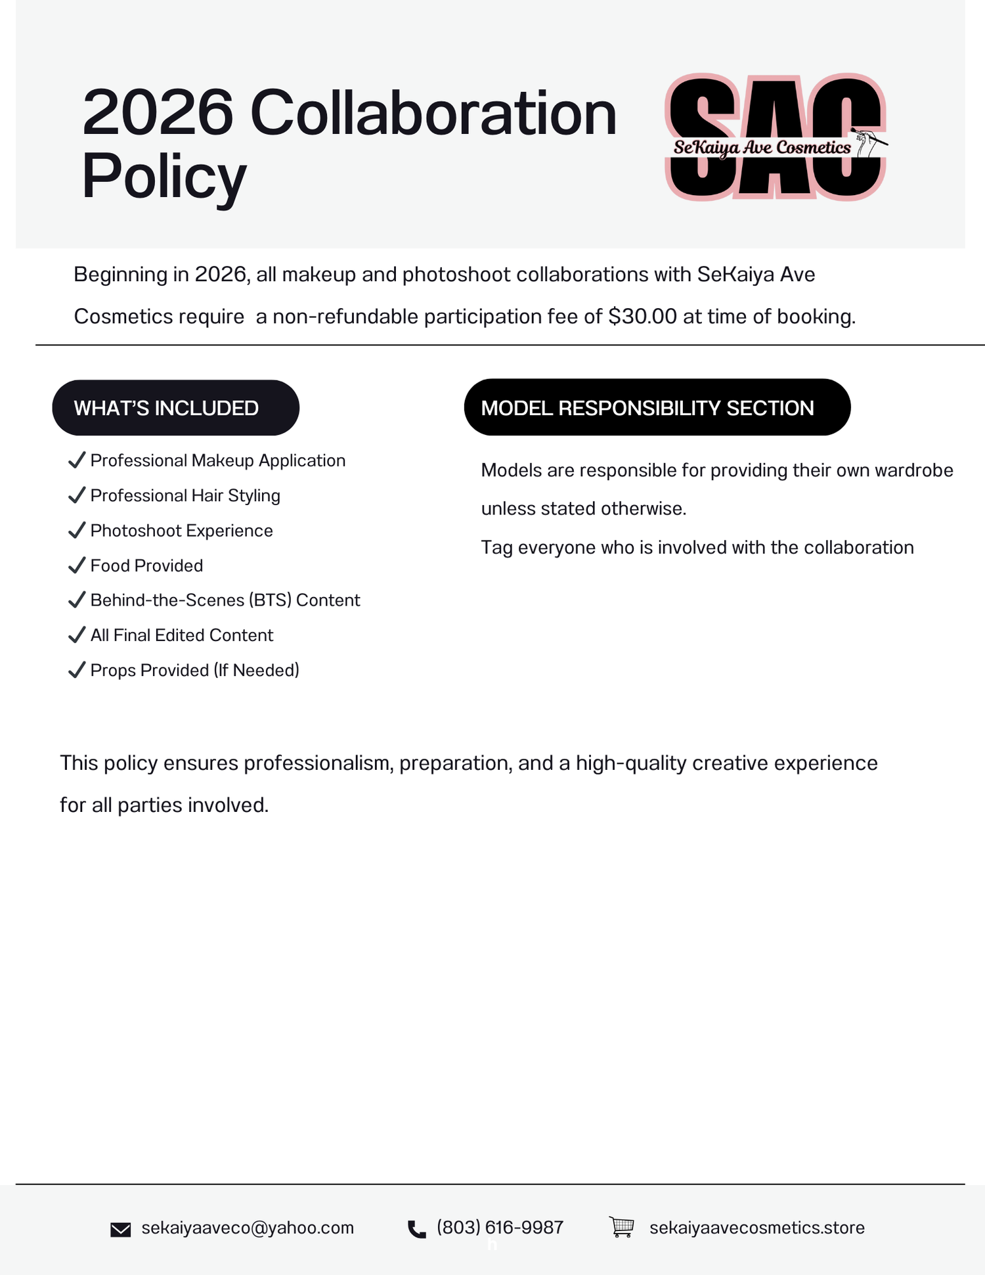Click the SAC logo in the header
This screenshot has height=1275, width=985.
coord(776,137)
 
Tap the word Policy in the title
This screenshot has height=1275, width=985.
coord(164,176)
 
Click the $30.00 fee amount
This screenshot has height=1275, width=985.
coord(642,317)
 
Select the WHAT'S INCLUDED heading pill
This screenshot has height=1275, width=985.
coord(175,408)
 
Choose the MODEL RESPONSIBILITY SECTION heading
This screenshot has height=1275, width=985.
coord(657,408)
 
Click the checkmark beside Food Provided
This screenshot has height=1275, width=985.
coord(77,565)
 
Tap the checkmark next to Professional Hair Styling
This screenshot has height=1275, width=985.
coord(77,495)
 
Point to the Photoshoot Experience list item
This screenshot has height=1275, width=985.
coord(181,531)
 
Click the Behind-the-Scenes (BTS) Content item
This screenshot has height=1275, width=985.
coord(225,600)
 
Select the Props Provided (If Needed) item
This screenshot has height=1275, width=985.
coord(194,670)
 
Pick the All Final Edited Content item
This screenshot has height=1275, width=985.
coord(181,635)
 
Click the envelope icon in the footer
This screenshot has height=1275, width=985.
coord(120,1229)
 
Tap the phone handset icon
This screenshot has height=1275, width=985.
coord(416,1229)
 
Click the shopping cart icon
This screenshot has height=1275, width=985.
coord(621,1226)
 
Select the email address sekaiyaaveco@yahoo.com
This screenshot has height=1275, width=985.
coord(248,1228)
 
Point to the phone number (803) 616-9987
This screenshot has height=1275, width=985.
coord(500,1228)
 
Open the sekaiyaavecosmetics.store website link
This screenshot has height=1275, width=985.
coord(756,1228)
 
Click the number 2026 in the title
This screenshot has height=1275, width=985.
coord(158,113)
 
